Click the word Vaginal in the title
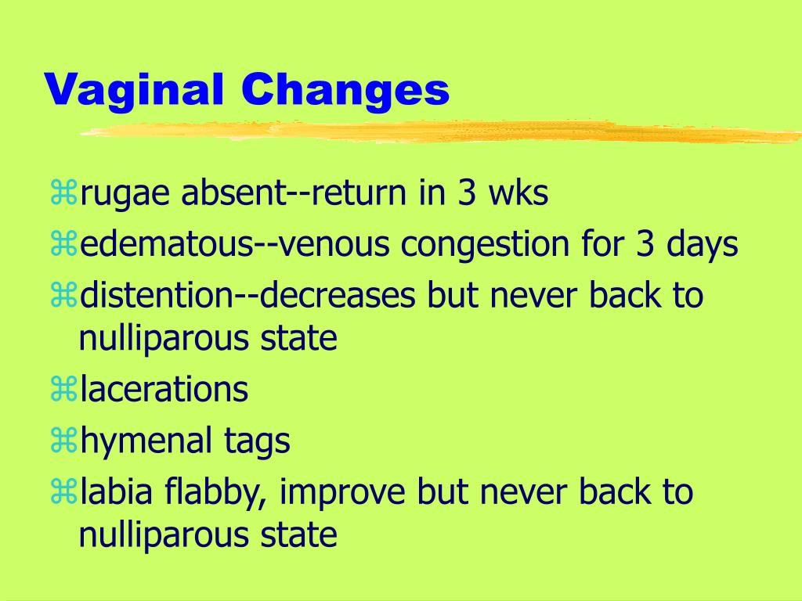(134, 90)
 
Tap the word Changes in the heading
(345, 90)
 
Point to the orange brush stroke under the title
(441, 131)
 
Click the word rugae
(125, 194)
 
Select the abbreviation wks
(518, 193)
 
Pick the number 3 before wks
(467, 193)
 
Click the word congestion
(484, 245)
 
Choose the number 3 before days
(645, 244)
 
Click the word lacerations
(164, 389)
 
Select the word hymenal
(146, 441)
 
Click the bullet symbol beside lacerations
(64, 390)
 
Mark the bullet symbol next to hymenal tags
(64, 441)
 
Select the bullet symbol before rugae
(64, 193)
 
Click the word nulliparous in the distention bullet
(164, 339)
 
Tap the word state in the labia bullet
(298, 535)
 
